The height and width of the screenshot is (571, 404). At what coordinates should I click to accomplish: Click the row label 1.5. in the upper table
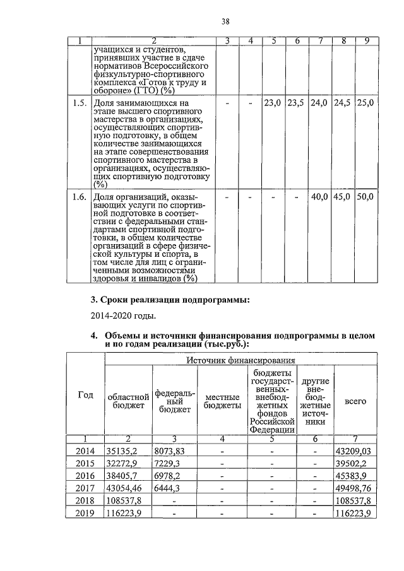point(79,102)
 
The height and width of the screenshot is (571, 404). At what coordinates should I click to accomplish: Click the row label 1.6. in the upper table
point(79,197)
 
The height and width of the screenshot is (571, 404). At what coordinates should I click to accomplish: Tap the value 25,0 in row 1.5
point(365,102)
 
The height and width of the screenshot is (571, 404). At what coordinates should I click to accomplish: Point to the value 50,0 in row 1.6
point(365,197)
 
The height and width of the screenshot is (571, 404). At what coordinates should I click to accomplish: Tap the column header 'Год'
point(85,396)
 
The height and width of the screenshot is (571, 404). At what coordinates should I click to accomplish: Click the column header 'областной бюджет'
point(128,401)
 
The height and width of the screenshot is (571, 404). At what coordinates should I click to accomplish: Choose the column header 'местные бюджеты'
point(222,401)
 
